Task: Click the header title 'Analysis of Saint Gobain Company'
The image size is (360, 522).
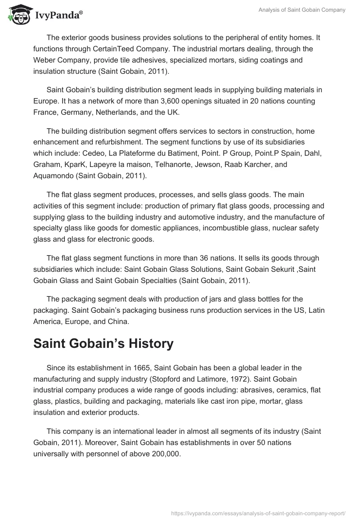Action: point(301,10)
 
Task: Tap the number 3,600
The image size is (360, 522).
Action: point(177,101)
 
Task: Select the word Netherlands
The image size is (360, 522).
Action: point(117,112)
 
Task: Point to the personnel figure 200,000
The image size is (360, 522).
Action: point(162,454)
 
